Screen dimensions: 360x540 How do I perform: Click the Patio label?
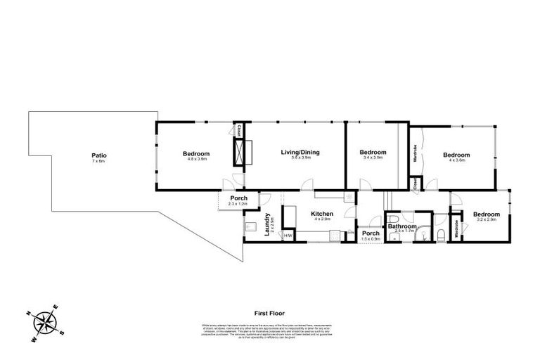click(x=98, y=155)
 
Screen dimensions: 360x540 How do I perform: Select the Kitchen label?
click(x=322, y=213)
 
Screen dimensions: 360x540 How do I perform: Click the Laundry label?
click(x=268, y=226)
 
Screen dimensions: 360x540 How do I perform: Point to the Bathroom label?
click(x=402, y=226)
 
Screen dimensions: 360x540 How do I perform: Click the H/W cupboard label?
click(x=288, y=236)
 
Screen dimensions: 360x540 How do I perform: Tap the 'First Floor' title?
click(x=269, y=314)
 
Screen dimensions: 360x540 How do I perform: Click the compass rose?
click(x=46, y=322)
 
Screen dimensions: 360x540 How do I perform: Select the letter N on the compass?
click(x=28, y=314)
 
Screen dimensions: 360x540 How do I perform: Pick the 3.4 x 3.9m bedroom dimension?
click(x=373, y=158)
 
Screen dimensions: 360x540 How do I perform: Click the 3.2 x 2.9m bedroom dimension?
click(x=486, y=219)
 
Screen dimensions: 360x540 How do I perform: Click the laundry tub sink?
click(x=251, y=227)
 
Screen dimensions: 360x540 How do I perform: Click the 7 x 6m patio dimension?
click(x=98, y=161)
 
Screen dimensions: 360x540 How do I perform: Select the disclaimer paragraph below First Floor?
click(x=269, y=330)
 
